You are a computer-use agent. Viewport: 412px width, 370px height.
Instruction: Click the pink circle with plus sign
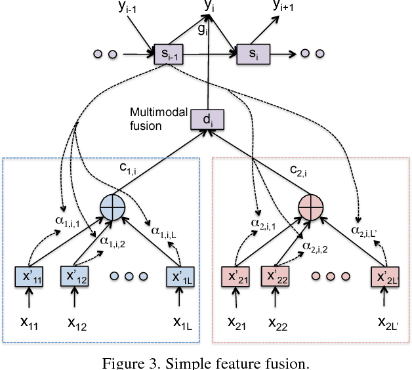(312, 207)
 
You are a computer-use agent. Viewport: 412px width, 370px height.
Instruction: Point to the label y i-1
(135, 8)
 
